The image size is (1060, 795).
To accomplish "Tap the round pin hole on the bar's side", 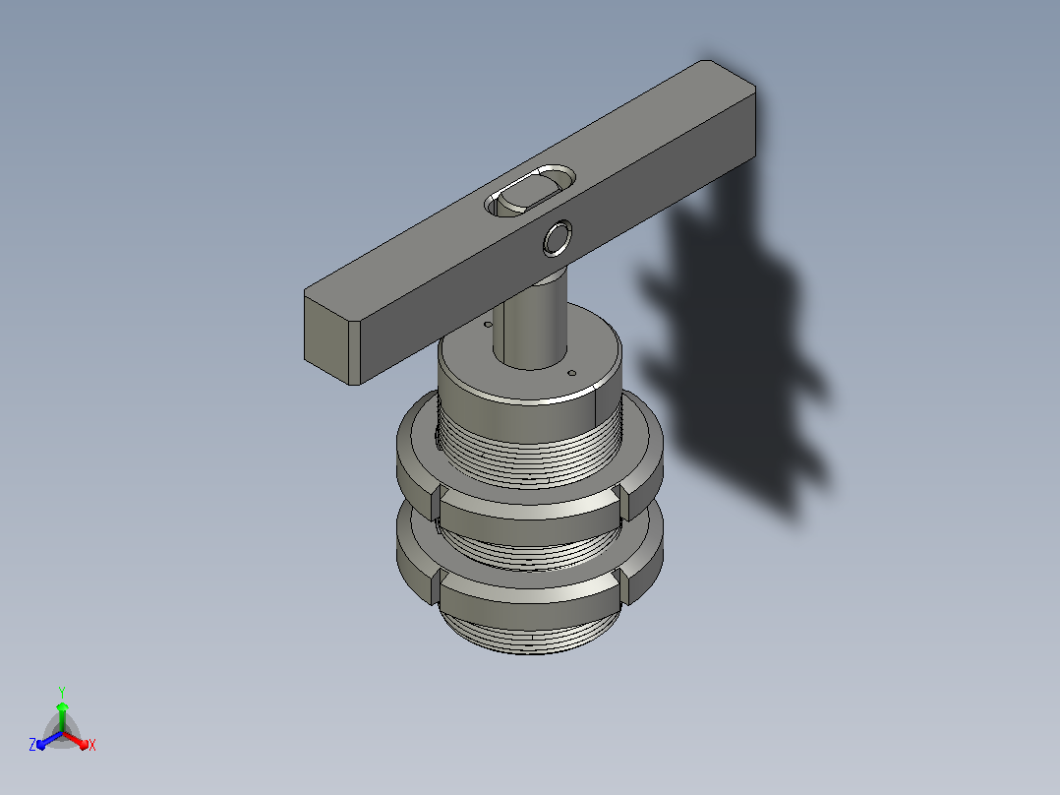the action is click(x=557, y=238).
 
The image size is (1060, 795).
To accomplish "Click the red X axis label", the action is click(x=92, y=745).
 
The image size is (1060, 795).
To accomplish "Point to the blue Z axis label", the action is click(x=32, y=744).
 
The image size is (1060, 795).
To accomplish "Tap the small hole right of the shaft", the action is click(x=572, y=373).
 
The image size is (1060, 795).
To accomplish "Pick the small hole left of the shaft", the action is click(x=488, y=325).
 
